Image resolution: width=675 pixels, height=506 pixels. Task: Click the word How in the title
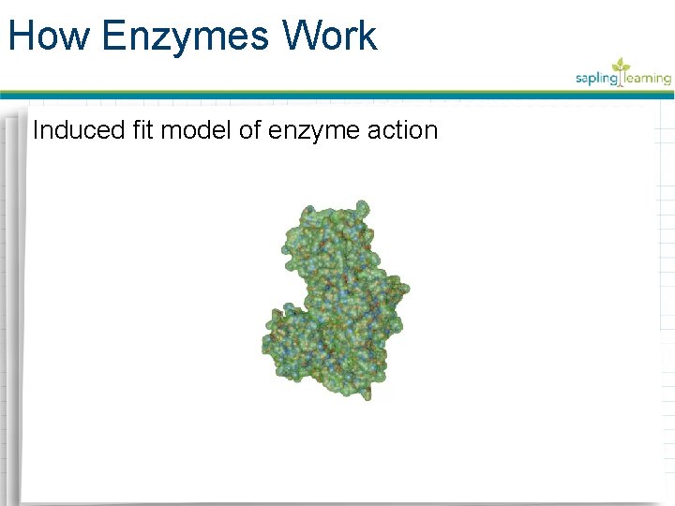tap(50, 36)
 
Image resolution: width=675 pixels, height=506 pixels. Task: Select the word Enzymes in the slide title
tap(183, 36)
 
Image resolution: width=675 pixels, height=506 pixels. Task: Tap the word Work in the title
tap(328, 36)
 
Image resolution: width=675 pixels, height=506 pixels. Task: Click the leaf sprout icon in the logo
tap(620, 67)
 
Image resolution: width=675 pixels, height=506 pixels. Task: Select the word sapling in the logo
tap(597, 79)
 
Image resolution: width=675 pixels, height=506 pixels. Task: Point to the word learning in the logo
tap(647, 79)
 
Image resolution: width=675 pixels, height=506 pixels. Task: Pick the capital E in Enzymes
tap(114, 36)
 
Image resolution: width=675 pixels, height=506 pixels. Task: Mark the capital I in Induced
tap(36, 130)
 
